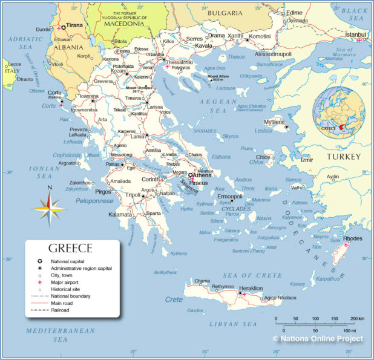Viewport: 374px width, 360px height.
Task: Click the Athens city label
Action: click(202, 175)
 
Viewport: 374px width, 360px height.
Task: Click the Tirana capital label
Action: click(74, 26)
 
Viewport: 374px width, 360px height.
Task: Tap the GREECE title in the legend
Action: click(70, 248)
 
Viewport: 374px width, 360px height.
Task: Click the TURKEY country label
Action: click(343, 157)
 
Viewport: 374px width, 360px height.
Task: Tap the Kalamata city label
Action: click(120, 214)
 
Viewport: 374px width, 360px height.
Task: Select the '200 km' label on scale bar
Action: click(357, 318)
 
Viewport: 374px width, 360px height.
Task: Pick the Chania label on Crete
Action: click(202, 281)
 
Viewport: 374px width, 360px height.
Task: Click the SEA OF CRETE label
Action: click(253, 275)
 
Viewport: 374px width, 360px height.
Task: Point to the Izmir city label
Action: click(307, 160)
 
